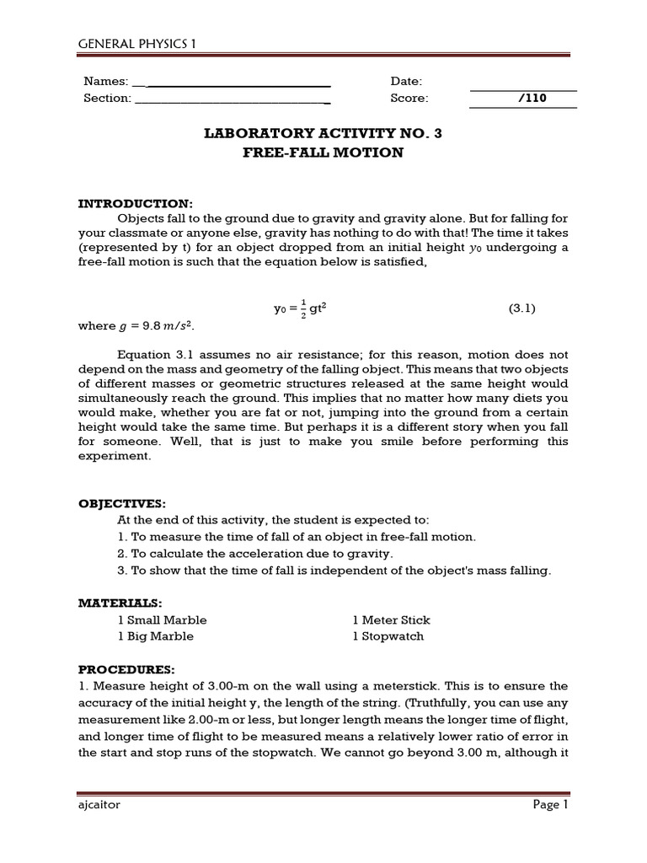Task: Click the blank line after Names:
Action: [232, 83]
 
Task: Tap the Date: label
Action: [406, 81]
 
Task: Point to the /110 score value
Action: [533, 98]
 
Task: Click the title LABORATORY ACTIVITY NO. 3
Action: [323, 133]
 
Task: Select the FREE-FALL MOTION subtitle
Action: [323, 153]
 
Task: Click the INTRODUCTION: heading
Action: [136, 204]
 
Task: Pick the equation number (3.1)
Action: [521, 308]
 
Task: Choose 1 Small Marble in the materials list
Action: [163, 619]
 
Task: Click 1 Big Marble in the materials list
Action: [156, 636]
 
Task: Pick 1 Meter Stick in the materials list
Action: [392, 619]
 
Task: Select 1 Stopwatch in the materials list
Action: [388, 636]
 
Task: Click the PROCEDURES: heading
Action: [126, 669]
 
